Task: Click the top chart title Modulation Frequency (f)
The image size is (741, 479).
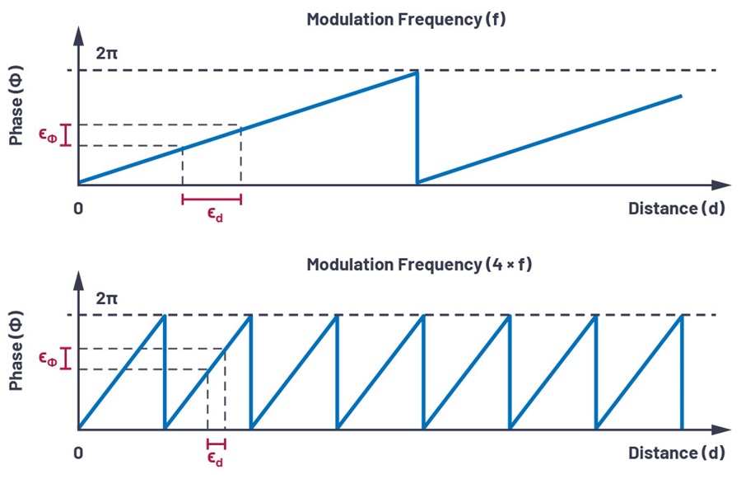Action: tap(406, 20)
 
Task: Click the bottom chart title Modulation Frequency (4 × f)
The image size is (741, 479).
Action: tap(406, 265)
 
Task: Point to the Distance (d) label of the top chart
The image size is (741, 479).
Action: tap(676, 209)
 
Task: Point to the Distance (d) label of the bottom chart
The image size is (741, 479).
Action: tap(676, 453)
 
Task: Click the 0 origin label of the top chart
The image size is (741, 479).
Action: tap(78, 209)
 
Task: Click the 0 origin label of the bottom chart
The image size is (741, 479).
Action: tap(78, 453)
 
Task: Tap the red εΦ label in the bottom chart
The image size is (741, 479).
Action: tap(49, 358)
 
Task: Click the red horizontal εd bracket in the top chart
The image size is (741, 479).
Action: tap(212, 199)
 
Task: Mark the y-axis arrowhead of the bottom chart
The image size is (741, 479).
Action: tap(79, 279)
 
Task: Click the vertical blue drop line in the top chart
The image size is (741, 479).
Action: tap(417, 128)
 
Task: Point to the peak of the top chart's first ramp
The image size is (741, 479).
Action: tap(417, 73)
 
